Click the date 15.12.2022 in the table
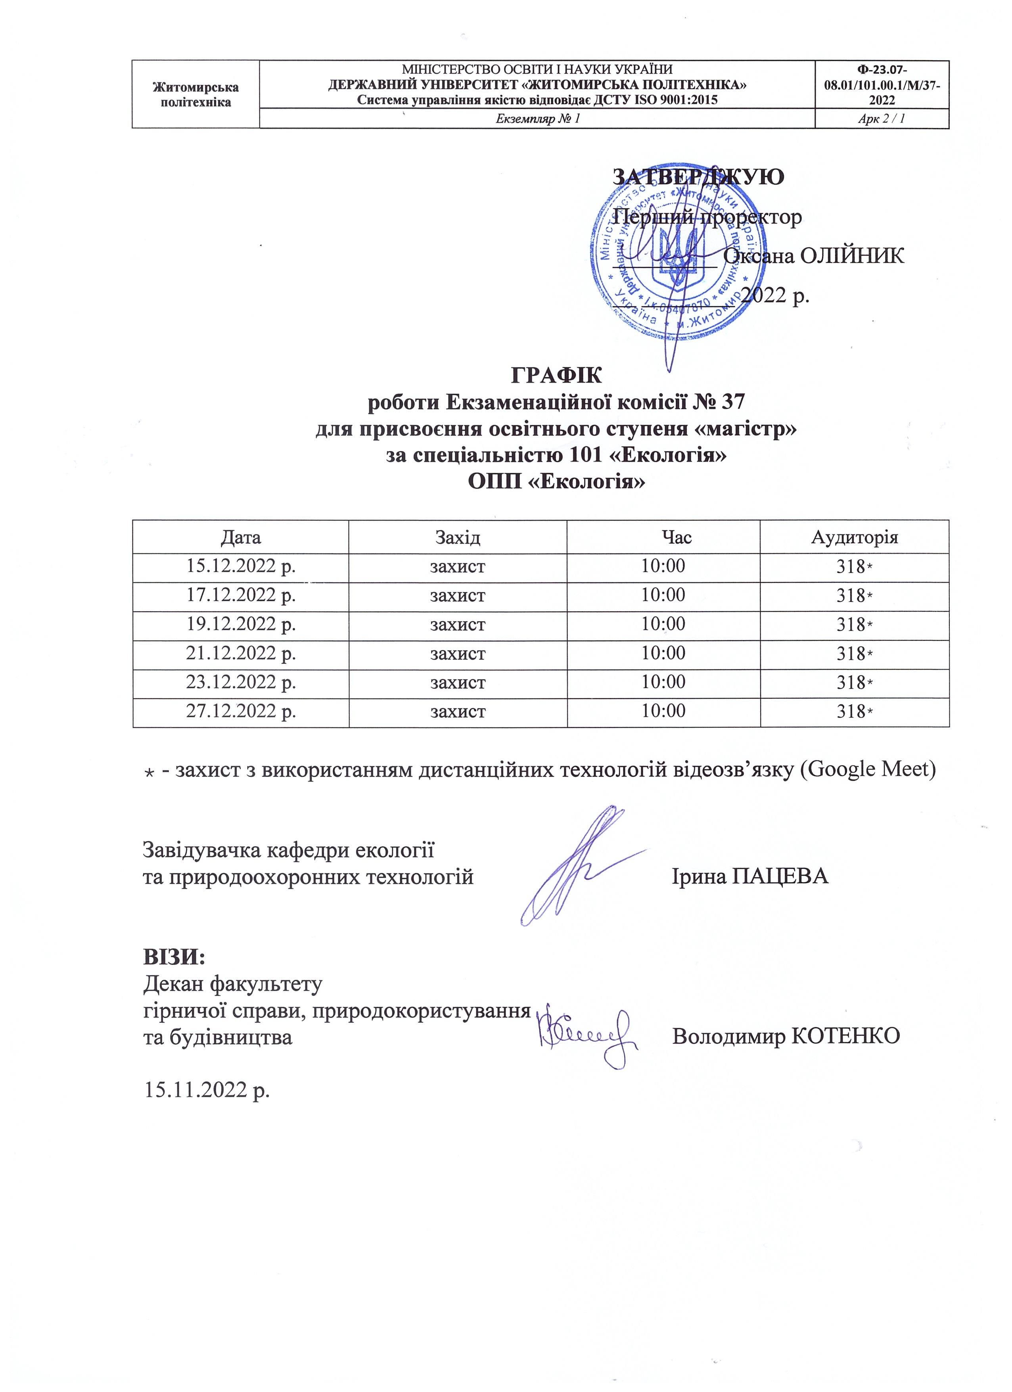[x=241, y=566]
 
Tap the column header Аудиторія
[x=854, y=538]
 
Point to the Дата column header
[x=241, y=538]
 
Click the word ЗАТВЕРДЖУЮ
[x=698, y=177]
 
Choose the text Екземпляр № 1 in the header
[x=537, y=119]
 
